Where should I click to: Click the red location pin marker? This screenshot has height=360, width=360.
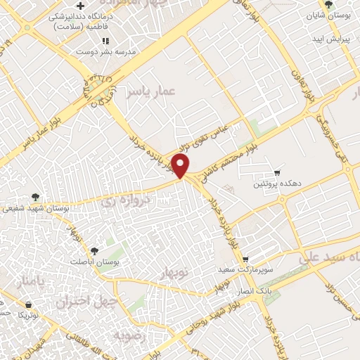181,165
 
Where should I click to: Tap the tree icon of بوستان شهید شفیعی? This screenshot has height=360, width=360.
36,198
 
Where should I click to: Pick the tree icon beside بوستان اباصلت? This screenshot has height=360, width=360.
94,250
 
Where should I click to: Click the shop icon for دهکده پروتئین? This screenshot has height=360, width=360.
277,173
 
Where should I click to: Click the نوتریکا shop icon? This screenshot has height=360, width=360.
27,305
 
